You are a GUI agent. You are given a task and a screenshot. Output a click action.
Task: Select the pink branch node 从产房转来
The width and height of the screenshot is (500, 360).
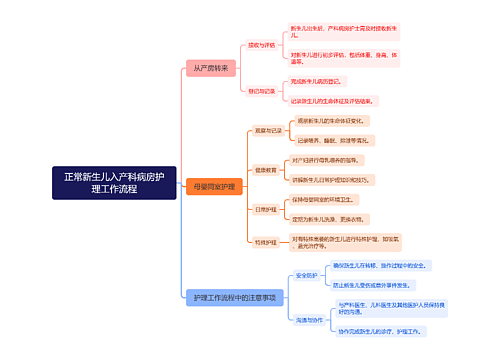pyautogui.click(x=211, y=68)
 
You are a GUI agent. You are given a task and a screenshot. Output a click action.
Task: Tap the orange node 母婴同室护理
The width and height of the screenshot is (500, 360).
pyautogui.click(x=214, y=187)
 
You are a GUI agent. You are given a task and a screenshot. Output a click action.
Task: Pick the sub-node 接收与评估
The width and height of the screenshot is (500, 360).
pyautogui.click(x=261, y=44)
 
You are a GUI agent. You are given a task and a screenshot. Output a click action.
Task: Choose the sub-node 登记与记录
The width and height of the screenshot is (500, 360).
pyautogui.click(x=261, y=91)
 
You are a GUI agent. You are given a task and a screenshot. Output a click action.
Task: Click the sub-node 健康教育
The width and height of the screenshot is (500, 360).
pyautogui.click(x=265, y=170)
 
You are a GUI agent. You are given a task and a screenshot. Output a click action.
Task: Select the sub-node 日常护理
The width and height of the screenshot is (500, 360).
pyautogui.click(x=265, y=209)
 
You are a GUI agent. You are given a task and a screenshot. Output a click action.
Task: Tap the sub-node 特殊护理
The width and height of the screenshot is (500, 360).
pyautogui.click(x=265, y=242)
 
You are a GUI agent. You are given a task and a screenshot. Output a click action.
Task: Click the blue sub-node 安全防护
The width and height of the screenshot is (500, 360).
pyautogui.click(x=306, y=275)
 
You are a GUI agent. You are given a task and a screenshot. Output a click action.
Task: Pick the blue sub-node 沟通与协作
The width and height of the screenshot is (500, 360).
pyautogui.click(x=309, y=319)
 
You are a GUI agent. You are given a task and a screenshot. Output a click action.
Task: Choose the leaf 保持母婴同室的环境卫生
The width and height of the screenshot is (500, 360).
pyautogui.click(x=330, y=200)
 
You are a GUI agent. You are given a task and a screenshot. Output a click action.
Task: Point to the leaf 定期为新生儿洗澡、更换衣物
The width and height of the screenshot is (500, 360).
pyautogui.click(x=334, y=218)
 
